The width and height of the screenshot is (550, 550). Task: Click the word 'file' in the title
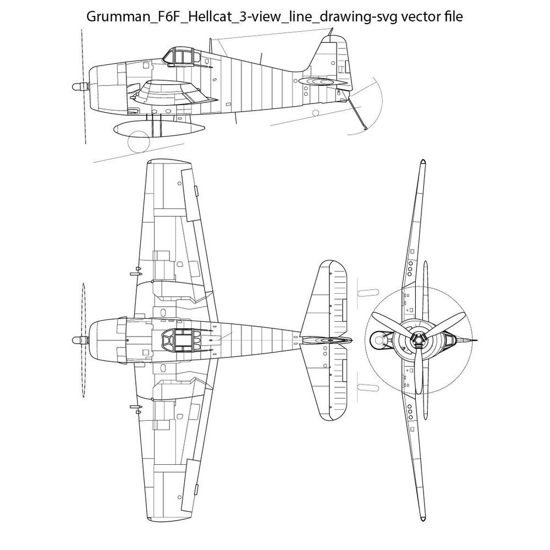[453, 17]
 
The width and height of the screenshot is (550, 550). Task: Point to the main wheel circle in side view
[138, 142]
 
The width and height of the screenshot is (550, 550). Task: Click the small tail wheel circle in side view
[316, 113]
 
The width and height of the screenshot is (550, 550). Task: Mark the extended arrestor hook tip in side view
[366, 129]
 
